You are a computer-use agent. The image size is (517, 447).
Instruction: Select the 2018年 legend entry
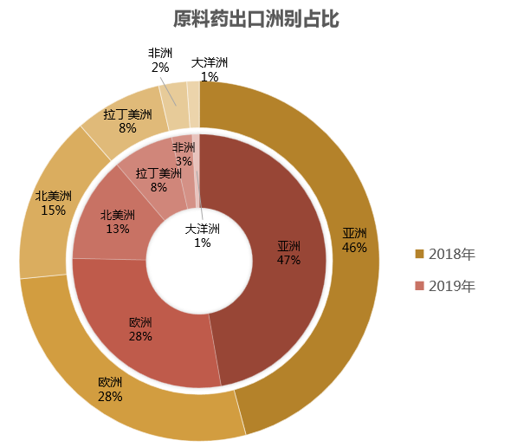(x=445, y=254)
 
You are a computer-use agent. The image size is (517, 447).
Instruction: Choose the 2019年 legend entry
(x=445, y=286)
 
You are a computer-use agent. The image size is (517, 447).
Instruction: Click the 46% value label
(x=354, y=247)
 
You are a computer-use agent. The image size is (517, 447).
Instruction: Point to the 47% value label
(x=288, y=260)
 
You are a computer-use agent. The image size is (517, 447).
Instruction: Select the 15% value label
(x=54, y=211)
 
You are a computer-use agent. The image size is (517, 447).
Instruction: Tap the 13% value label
(x=118, y=230)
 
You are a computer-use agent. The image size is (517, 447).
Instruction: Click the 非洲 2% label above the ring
(x=160, y=60)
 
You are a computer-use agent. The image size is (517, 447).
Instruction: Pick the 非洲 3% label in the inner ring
(x=184, y=154)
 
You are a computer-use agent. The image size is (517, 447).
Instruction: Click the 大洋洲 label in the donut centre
(x=203, y=235)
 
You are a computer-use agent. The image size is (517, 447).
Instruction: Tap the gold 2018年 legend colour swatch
(x=420, y=254)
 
